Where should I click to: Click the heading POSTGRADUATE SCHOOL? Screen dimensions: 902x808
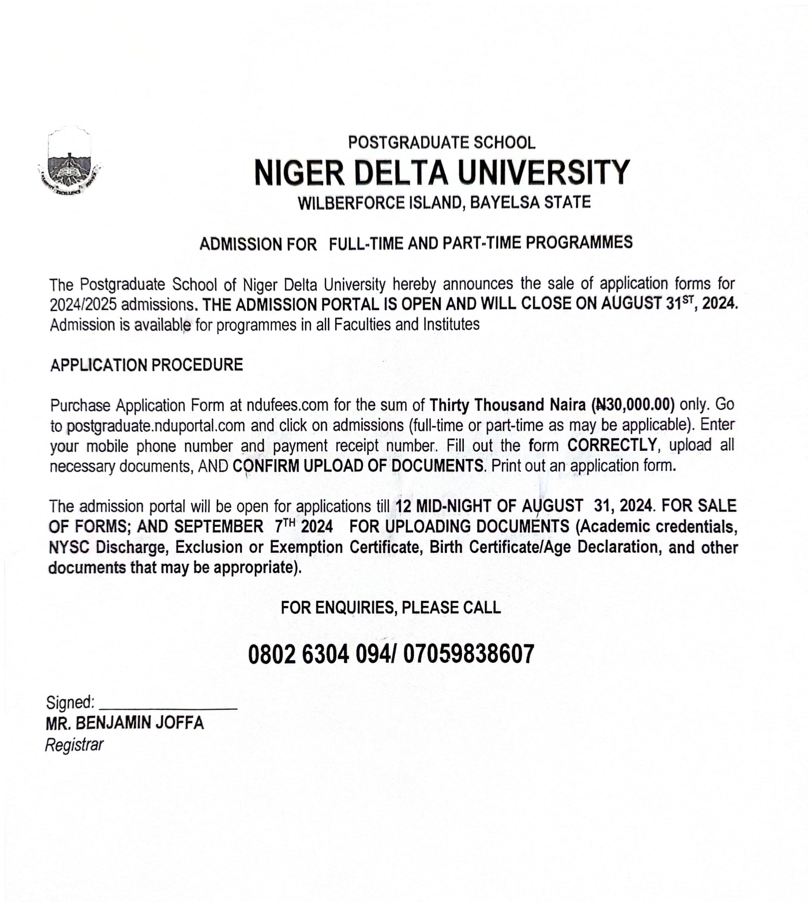click(x=442, y=143)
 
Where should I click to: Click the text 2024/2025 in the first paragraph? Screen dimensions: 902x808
click(x=83, y=305)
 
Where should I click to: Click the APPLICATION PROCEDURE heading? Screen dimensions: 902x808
click(x=146, y=365)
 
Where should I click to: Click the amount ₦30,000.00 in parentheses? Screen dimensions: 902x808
click(x=633, y=404)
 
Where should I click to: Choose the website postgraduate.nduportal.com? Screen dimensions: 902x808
click(x=156, y=426)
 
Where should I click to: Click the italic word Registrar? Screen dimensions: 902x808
click(x=74, y=745)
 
